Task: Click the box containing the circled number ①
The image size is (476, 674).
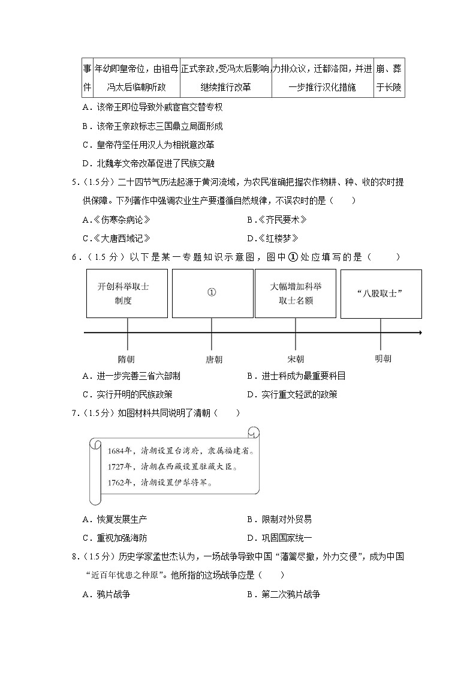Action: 212,293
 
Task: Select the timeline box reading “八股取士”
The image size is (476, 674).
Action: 381,293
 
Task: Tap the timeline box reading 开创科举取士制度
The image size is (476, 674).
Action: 126,293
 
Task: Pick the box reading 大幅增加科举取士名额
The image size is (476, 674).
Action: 295,293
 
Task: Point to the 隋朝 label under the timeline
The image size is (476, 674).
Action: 126,360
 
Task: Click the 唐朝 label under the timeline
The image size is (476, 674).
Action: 213,360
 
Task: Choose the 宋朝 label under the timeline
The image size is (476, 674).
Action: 296,360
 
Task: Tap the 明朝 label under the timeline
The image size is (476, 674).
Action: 382,359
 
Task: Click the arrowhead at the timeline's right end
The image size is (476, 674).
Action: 420,332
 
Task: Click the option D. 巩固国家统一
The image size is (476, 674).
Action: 279,538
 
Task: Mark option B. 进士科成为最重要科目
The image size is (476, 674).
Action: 296,376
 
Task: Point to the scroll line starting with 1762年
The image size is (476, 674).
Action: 160,481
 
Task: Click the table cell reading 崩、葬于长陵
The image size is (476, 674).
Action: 389,78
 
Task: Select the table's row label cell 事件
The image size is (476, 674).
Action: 87,78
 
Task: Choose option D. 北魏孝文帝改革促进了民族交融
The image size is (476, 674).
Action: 149,163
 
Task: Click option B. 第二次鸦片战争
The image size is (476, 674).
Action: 283,595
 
